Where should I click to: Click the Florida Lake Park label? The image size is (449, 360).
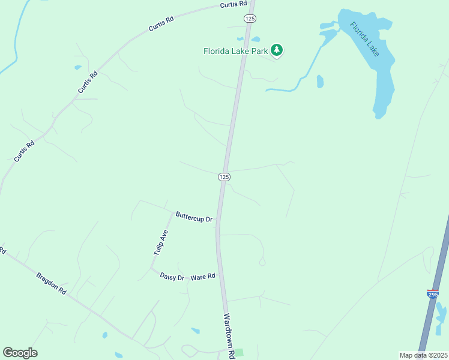pos(235,52)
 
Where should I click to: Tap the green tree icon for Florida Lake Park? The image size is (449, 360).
pos(277,50)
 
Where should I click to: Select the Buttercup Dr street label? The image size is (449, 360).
pos(194,217)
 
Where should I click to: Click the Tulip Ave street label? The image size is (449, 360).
pos(160,243)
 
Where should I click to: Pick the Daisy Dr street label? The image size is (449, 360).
pos(172,277)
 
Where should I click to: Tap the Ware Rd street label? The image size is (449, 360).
pos(203,277)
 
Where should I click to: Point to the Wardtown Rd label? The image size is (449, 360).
pos(228,336)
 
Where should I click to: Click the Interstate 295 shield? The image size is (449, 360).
pos(433,293)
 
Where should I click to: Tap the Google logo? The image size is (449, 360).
pos(20,353)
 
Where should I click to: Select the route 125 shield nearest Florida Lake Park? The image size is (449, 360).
pos(250,19)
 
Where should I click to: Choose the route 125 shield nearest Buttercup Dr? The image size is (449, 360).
pos(223,176)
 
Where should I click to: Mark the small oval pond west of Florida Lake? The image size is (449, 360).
pos(320,81)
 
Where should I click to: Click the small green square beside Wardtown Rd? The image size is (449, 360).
pos(240,352)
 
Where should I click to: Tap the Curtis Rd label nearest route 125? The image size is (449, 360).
pos(234,4)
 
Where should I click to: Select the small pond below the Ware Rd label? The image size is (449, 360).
pos(195,330)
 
